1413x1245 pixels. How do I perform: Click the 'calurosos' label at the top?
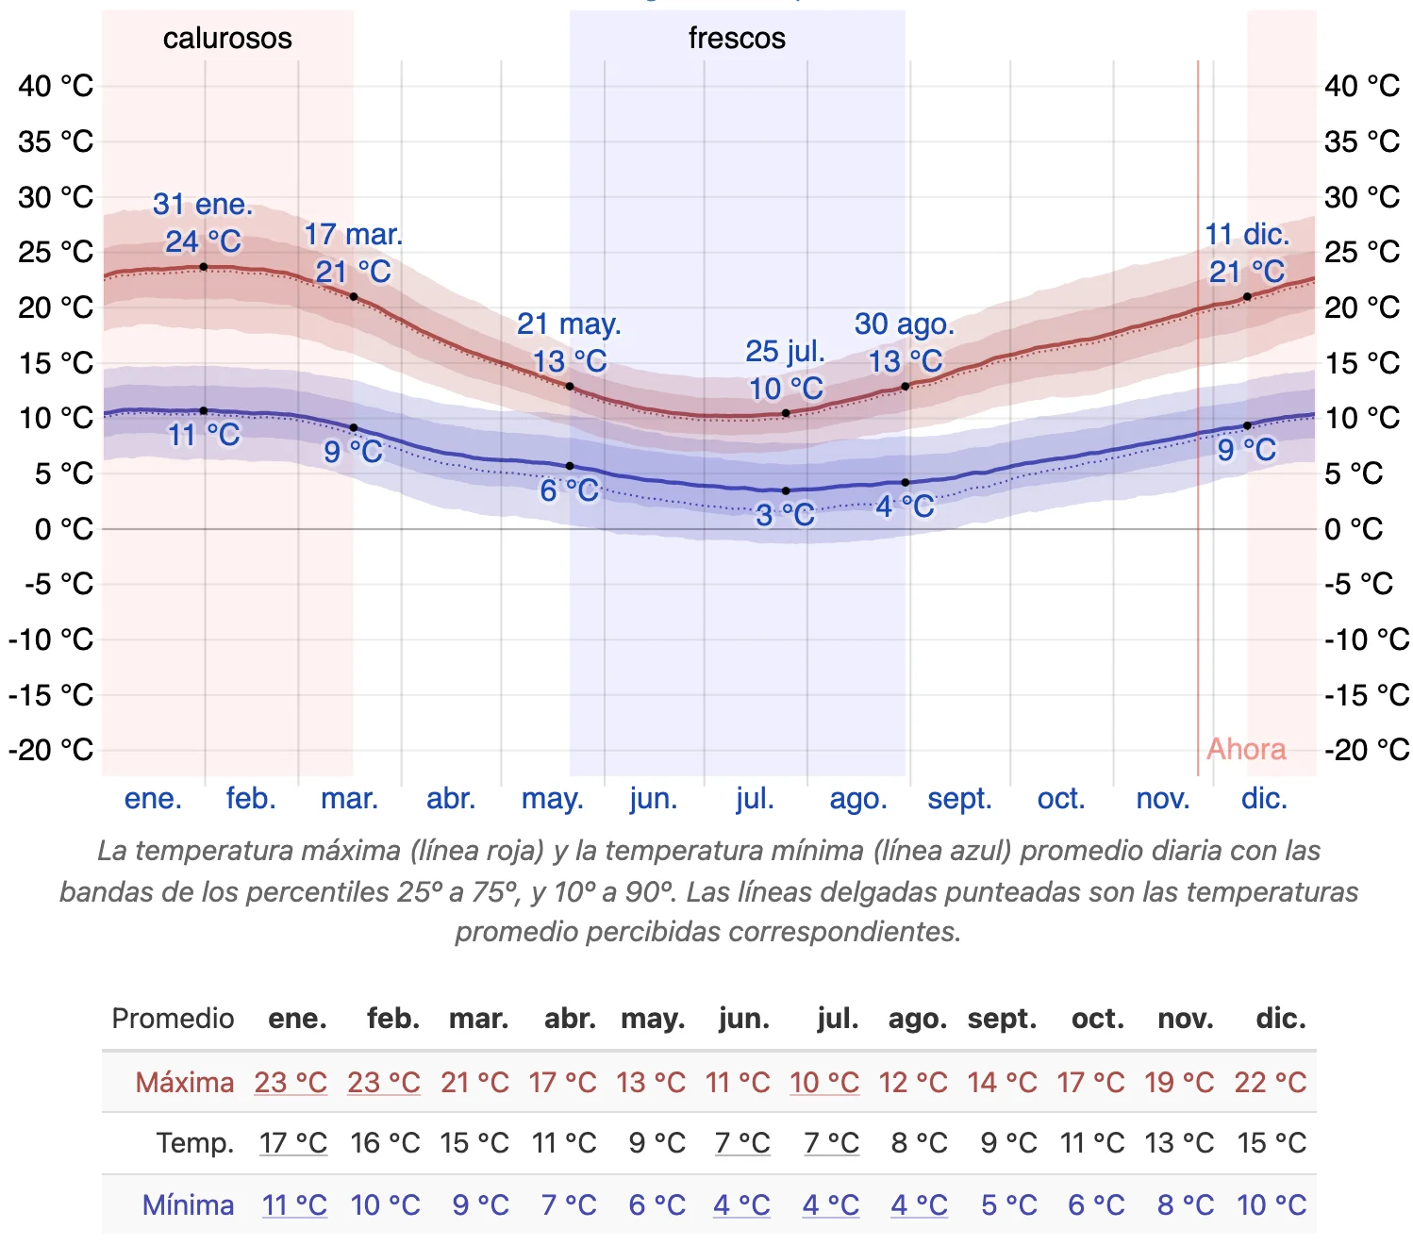[227, 39]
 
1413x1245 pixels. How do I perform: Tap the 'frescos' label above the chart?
[737, 39]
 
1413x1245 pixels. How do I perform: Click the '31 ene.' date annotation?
[203, 205]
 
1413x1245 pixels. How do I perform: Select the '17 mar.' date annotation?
[353, 235]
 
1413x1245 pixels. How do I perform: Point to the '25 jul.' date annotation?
[785, 352]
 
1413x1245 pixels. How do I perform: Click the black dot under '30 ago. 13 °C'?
[906, 387]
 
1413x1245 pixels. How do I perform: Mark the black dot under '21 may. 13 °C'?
[570, 387]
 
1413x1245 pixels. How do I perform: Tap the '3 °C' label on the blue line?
[785, 515]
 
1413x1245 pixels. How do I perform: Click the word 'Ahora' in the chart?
[1246, 749]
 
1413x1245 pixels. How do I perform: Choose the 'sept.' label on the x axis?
[959, 799]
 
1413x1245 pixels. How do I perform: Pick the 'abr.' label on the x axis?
[451, 799]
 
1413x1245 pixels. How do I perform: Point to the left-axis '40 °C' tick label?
[56, 86]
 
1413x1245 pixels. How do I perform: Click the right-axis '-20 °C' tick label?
[1366, 750]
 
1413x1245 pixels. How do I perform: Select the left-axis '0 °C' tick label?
[64, 529]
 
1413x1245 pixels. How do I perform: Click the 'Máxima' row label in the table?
[185, 1082]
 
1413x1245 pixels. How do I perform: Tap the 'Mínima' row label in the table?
[188, 1204]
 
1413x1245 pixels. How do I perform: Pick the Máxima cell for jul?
[824, 1082]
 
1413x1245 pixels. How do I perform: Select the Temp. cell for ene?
[293, 1143]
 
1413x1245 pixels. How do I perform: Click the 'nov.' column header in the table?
[1186, 1019]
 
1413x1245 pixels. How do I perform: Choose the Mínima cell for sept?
[1008, 1204]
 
